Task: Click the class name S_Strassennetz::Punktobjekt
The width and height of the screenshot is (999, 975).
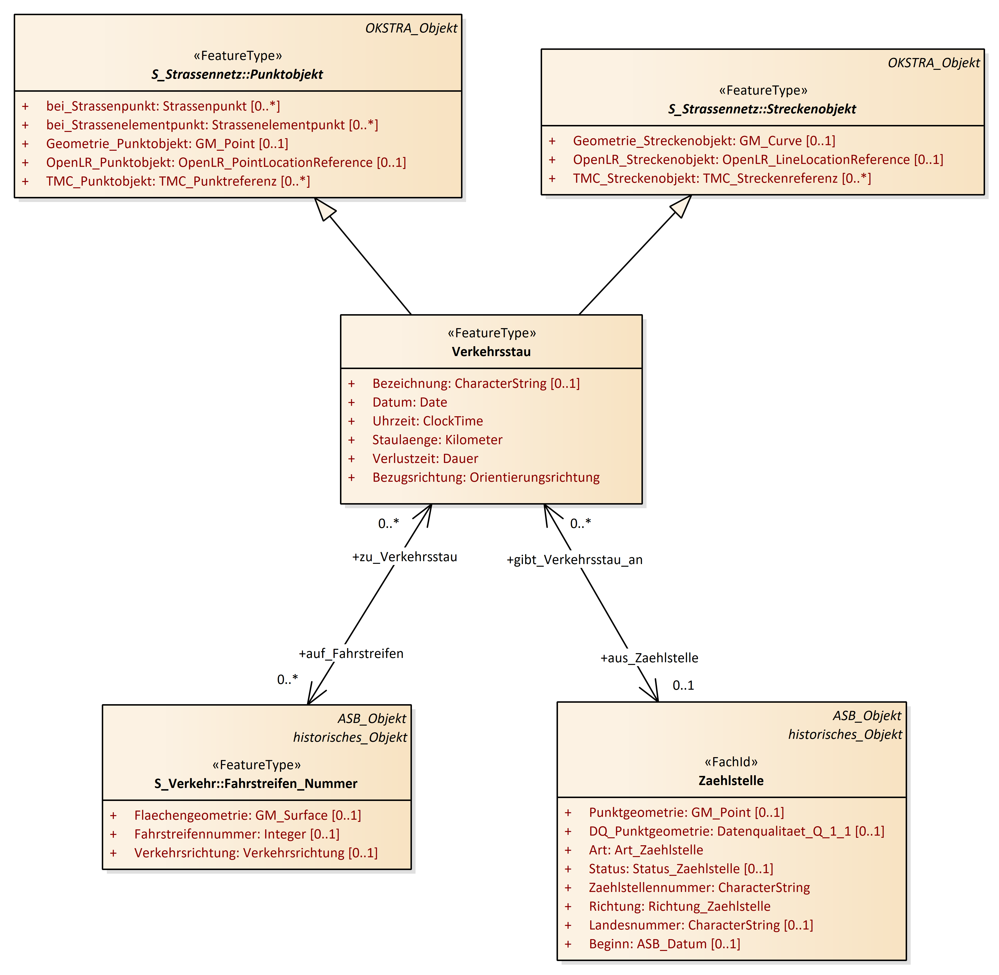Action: point(237,74)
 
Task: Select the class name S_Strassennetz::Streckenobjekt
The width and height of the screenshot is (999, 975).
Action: point(762,109)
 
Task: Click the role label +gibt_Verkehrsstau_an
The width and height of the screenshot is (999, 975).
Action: point(574,560)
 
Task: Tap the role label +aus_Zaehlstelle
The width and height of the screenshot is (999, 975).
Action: point(649,658)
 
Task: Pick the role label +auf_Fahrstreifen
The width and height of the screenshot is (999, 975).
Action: point(351,654)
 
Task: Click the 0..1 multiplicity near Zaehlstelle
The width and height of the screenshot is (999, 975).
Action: point(683,686)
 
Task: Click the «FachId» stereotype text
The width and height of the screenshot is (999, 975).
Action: point(731,762)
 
